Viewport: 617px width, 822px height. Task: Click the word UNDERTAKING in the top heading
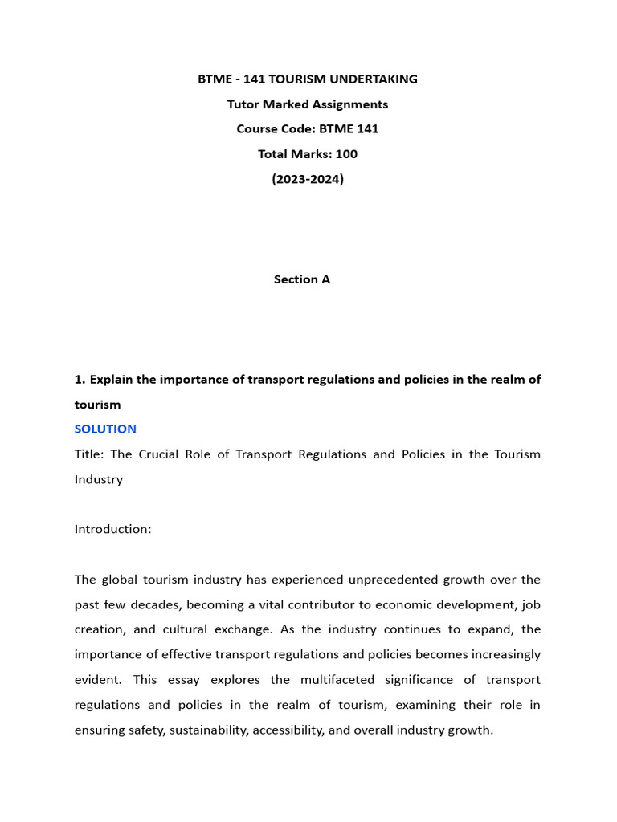[x=376, y=79]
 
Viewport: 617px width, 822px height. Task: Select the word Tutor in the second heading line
[x=245, y=104]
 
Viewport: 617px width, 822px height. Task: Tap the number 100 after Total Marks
[x=346, y=153]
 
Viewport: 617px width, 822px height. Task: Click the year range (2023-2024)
[x=308, y=179]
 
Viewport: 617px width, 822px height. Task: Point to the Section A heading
[x=302, y=279]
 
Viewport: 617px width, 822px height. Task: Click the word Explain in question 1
[x=113, y=379]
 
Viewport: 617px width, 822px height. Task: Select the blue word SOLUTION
[x=105, y=429]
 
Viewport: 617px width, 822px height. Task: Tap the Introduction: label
[x=112, y=529]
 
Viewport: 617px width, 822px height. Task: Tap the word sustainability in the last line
[x=208, y=730]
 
